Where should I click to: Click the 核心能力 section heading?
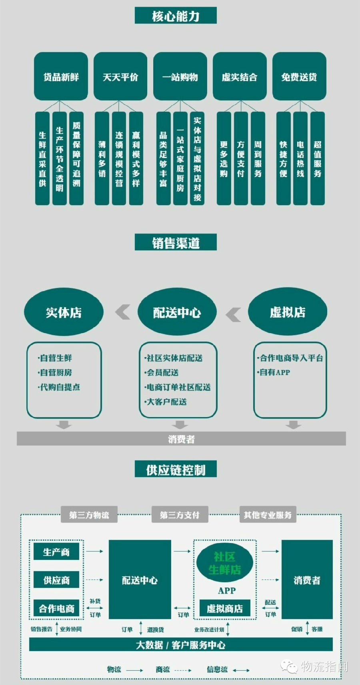[176, 16]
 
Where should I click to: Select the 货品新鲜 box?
[61, 76]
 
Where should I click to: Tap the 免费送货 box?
[299, 76]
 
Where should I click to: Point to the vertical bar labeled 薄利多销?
[102, 158]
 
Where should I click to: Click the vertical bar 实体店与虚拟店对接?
[197, 158]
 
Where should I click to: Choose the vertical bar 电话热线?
[300, 158]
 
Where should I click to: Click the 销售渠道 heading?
[176, 243]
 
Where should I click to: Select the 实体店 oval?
[64, 312]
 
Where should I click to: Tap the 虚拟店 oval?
[288, 312]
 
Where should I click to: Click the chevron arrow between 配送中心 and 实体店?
[123, 312]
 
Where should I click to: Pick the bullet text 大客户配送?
[166, 401]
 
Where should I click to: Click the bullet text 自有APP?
[274, 372]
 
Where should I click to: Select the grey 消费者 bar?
[181, 439]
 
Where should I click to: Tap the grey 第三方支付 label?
[180, 515]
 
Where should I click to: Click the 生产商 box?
[56, 552]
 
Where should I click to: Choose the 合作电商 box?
[56, 609]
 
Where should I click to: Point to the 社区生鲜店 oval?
[225, 563]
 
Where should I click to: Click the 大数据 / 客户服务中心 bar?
[181, 645]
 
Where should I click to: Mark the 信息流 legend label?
[217, 669]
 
